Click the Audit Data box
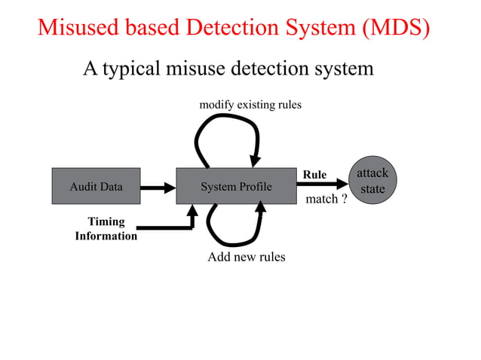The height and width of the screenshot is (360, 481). [x=96, y=186]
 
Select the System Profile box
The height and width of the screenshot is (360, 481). [x=236, y=186]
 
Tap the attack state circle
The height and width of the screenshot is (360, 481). [x=372, y=182]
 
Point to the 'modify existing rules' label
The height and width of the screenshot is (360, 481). [x=250, y=105]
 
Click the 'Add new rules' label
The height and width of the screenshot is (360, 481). [x=246, y=258]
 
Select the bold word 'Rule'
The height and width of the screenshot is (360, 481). [x=314, y=175]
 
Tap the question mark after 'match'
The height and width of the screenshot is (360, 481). [x=344, y=200]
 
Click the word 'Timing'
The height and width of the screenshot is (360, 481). [x=106, y=222]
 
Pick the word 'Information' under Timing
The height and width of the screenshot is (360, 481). [x=106, y=236]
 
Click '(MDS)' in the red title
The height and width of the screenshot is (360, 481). [x=394, y=28]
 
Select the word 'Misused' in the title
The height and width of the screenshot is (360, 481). [x=78, y=28]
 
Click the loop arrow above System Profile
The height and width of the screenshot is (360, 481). [x=226, y=121]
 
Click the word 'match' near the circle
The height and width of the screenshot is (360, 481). [x=321, y=200]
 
